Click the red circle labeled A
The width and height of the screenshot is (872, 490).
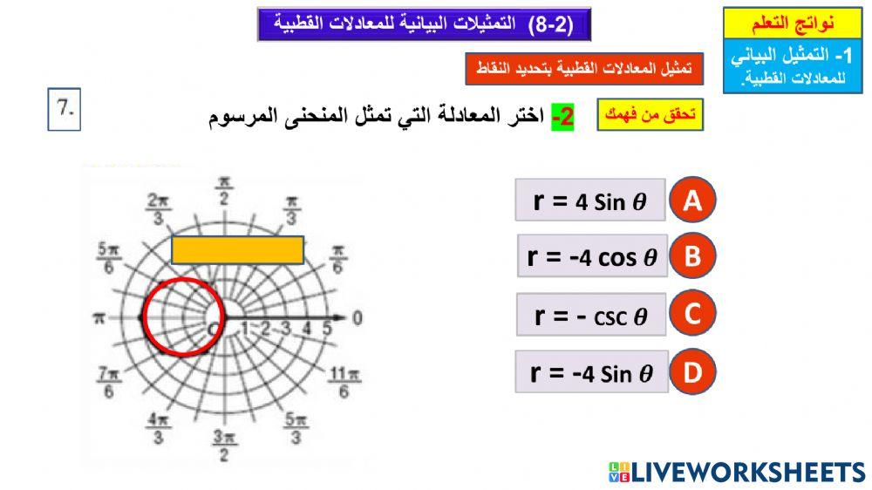pos(692,201)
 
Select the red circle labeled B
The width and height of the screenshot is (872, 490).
pos(692,256)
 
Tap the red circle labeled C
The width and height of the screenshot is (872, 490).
pos(692,315)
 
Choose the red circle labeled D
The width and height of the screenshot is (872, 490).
pos(692,373)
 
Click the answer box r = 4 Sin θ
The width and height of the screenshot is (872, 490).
pos(590,201)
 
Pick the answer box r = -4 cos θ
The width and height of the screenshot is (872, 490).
pos(592,256)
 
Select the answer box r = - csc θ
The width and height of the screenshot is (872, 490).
pos(590,315)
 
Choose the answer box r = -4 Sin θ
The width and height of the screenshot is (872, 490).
pos(590,373)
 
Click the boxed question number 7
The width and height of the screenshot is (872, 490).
pos(64,111)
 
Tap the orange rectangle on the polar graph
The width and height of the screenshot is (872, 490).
pos(237,249)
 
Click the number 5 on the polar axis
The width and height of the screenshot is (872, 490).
pos(327,329)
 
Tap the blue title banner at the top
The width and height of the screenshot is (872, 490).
pos(424,24)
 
